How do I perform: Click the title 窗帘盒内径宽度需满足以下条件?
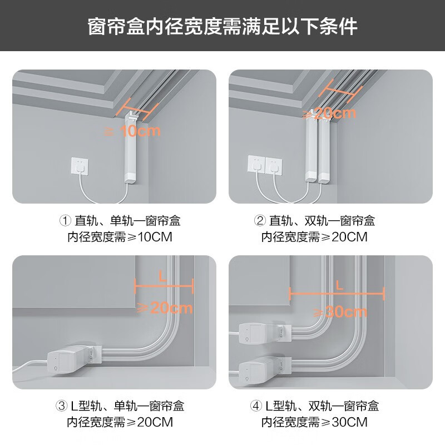tap(222, 27)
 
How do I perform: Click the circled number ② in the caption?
tap(259, 221)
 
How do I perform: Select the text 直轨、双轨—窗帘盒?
tap(323, 221)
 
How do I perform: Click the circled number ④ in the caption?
tap(255, 406)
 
